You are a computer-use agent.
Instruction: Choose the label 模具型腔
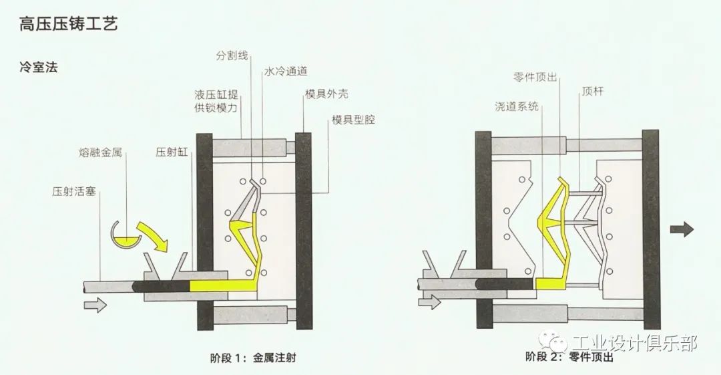[x=353, y=121]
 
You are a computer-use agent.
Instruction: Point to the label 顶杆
[x=592, y=92]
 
